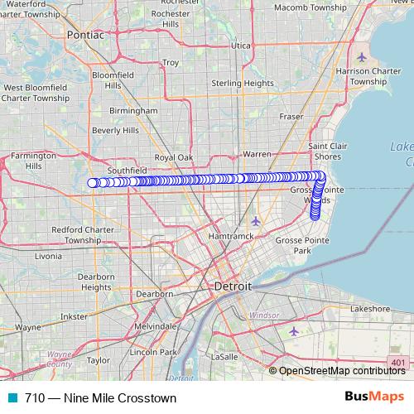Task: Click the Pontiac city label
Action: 86,36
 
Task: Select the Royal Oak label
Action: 173,157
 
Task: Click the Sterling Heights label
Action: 243,83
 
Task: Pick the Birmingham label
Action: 133,110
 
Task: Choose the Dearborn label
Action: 154,294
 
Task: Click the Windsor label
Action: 264,315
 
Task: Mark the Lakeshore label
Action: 370,308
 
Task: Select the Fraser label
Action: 291,117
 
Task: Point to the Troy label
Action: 171,62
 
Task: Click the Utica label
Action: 241,45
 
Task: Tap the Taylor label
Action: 98,360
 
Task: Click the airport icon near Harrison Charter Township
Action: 363,56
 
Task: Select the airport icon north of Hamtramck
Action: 256,221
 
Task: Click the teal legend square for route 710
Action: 12,397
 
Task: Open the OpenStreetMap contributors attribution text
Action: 343,371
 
